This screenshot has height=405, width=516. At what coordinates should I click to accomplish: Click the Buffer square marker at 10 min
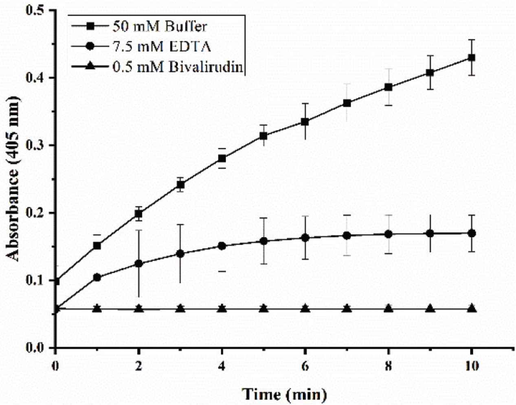[x=472, y=57]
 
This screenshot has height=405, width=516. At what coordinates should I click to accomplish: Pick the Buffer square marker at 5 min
[x=263, y=136]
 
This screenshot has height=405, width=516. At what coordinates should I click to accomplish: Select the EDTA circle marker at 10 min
[x=472, y=233]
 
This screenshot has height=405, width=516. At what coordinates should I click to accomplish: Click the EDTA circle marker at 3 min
[x=180, y=254]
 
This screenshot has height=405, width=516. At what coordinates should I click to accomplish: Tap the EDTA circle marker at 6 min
[x=305, y=238]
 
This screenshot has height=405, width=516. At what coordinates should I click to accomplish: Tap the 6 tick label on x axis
[x=305, y=366]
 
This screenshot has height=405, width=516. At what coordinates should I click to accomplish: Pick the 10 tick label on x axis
[x=472, y=366]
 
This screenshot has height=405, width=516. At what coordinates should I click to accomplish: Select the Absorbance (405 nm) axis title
[x=13, y=179]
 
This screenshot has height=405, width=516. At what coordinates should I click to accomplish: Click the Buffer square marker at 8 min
[x=389, y=87]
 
